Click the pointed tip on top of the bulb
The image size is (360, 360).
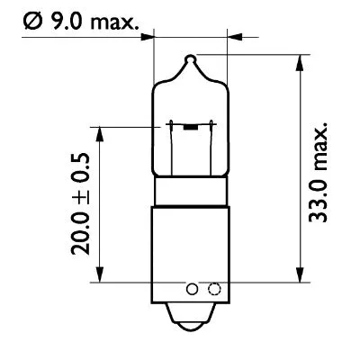189,59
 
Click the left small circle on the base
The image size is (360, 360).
192,290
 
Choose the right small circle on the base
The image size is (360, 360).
213,290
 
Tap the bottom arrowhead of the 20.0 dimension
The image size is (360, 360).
100,277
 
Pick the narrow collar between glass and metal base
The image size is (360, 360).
189,192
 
